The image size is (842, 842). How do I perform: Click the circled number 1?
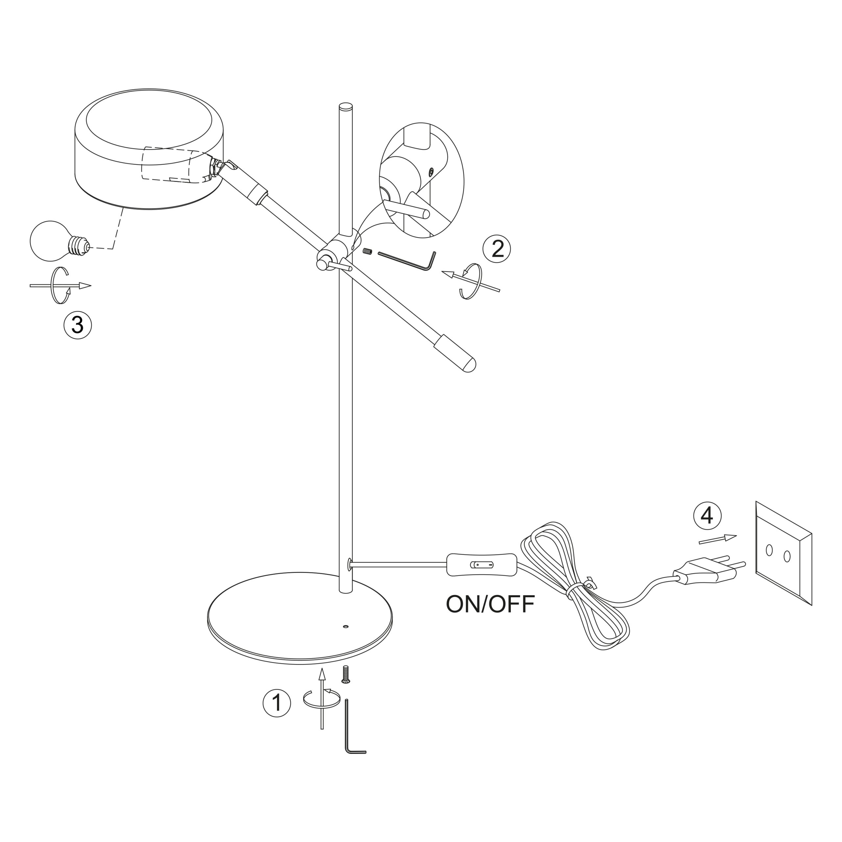[x=277, y=703]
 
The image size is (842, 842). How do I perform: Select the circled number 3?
[x=78, y=325]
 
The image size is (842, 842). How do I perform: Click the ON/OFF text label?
[x=490, y=604]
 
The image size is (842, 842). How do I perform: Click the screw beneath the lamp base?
[x=346, y=687]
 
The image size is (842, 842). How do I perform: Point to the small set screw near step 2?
[x=367, y=252]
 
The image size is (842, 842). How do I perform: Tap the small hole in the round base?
[x=346, y=627]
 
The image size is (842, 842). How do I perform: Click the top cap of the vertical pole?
[x=346, y=106]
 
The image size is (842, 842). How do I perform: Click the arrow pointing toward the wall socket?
[x=717, y=539]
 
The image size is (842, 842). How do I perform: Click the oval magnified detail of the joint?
[x=421, y=180]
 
